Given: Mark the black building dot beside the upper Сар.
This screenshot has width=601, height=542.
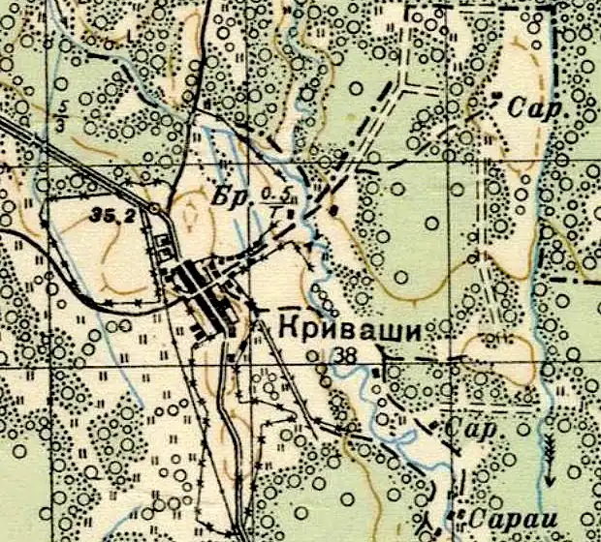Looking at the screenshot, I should tap(497, 95).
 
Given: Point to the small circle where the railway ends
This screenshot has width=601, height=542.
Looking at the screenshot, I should tap(156, 207).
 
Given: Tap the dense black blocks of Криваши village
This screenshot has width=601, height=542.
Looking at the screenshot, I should tap(206, 290).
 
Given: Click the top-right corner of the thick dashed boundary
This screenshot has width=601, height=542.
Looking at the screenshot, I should tap(560, 8).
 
